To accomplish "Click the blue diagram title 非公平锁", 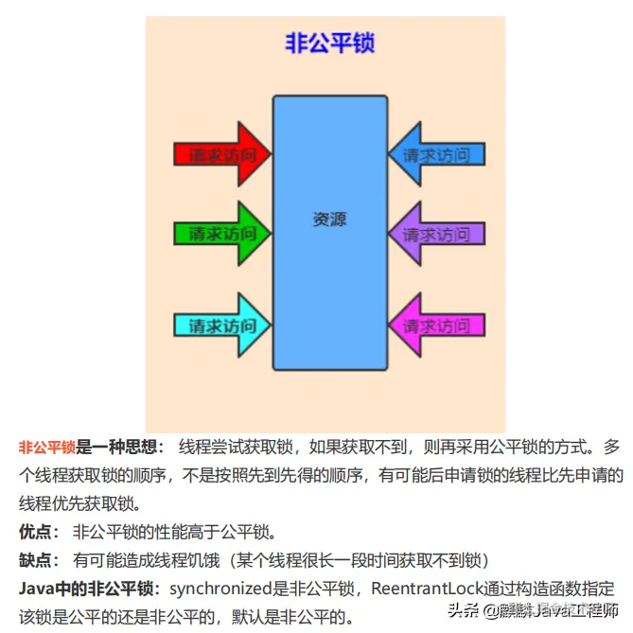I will coord(329,44).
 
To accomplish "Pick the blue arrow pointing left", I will coord(436,153).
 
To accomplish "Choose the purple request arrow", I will coord(436,233).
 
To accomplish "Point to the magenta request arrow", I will coord(436,326).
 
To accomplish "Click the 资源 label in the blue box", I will coord(329,219).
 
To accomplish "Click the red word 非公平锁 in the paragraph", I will coord(46,446).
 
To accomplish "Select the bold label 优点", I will coord(38,530).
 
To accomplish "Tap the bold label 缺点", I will coord(38,559).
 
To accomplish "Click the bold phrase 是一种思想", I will coord(120,446).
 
